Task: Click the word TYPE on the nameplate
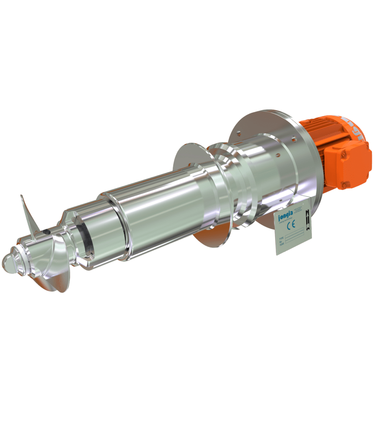(x=280, y=239)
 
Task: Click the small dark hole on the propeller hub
(x=46, y=232)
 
